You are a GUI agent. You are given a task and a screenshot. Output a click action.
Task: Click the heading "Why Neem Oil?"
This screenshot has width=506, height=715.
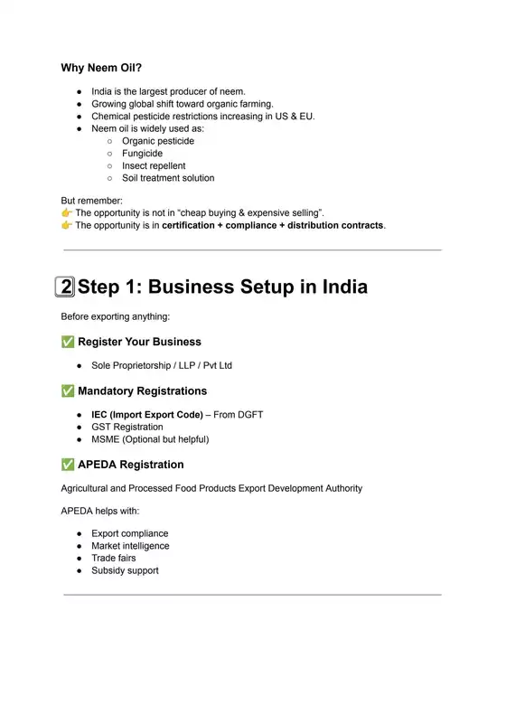coord(101,68)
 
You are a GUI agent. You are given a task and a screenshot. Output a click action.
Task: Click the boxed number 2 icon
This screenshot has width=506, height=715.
coord(65,287)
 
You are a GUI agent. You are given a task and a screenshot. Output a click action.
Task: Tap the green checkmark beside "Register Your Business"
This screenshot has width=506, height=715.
coord(67,343)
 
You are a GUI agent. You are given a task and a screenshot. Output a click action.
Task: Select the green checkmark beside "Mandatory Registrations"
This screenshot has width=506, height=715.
coord(67,391)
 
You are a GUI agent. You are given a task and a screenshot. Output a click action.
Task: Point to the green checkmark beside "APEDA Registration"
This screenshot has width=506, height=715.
coord(67,465)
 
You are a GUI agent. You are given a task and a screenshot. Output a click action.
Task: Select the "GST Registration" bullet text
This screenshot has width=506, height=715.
coord(127,427)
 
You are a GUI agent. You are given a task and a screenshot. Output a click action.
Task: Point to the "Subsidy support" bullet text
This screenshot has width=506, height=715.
coord(125,570)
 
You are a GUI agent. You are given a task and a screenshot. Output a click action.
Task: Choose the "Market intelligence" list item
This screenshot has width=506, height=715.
coord(130,546)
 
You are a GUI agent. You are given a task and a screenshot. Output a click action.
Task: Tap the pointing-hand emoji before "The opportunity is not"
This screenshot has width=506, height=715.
coord(67,213)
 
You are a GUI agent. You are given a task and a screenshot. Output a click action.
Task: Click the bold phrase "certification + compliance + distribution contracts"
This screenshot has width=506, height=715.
coord(273,225)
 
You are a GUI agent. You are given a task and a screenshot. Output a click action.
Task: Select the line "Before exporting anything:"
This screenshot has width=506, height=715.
coord(115,316)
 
